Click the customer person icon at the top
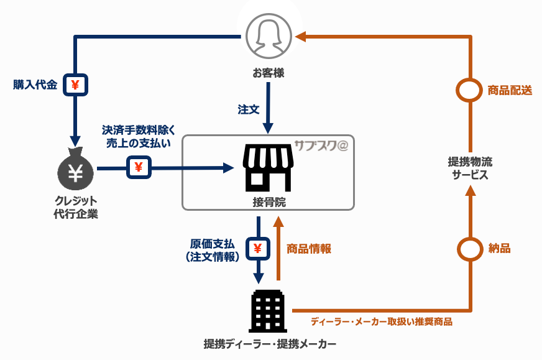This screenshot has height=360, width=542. pyautogui.click(x=269, y=36)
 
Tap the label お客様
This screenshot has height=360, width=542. pyautogui.click(x=269, y=73)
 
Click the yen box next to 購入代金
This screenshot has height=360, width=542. pyautogui.click(x=75, y=85)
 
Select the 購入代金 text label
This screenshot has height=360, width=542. pyautogui.click(x=35, y=85)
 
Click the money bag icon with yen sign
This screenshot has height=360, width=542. pyautogui.click(x=75, y=170)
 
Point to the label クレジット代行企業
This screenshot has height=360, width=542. pyautogui.click(x=75, y=208)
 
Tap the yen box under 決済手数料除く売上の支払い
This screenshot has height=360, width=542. pyautogui.click(x=138, y=167)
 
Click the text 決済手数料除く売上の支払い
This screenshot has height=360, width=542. pyautogui.click(x=139, y=136)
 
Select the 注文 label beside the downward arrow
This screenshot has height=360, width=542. pyautogui.click(x=248, y=109)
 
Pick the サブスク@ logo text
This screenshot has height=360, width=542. pyautogui.click(x=321, y=145)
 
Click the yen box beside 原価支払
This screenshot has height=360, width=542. pyautogui.click(x=258, y=249)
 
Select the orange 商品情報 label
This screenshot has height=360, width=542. pyautogui.click(x=309, y=249)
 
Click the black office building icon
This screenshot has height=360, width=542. pyautogui.click(x=268, y=311)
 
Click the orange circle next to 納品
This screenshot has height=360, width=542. pyautogui.click(x=470, y=249)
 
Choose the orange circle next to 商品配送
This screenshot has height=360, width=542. pyautogui.click(x=470, y=90)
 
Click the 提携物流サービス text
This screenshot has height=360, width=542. pyautogui.click(x=470, y=168)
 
